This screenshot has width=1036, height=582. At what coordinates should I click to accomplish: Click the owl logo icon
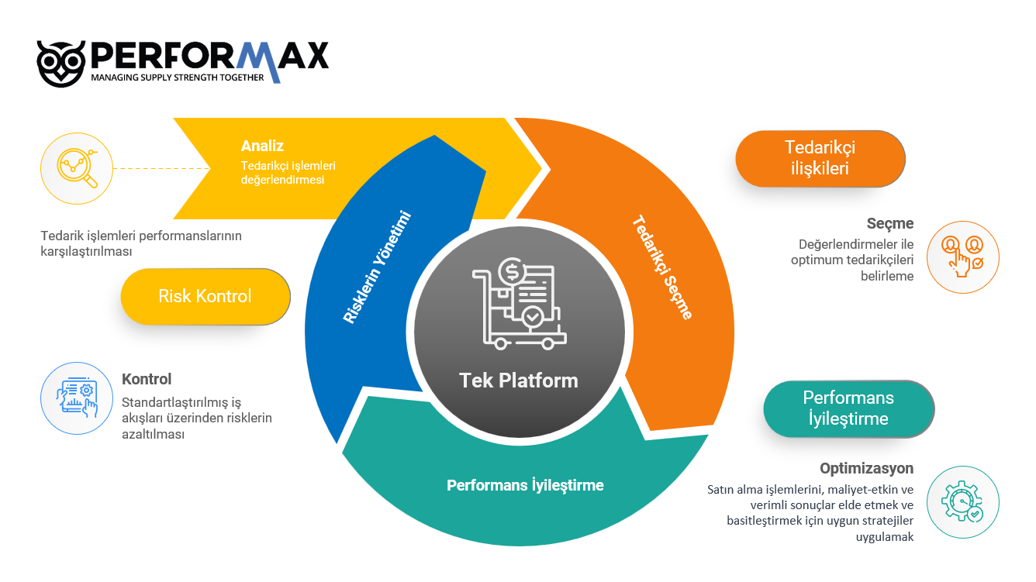tap(61, 64)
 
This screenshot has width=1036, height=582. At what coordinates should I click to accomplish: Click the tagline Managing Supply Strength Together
tap(177, 77)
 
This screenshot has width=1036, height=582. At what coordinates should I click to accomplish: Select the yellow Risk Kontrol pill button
tap(205, 296)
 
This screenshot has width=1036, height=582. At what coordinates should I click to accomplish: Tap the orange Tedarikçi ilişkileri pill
tap(820, 158)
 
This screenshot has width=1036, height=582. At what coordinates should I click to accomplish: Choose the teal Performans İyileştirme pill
tap(848, 408)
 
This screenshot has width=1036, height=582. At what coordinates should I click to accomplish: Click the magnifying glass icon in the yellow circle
tap(77, 168)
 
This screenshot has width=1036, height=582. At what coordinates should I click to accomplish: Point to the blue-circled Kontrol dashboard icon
tap(77, 398)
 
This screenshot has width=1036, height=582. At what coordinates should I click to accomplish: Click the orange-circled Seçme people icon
tap(963, 257)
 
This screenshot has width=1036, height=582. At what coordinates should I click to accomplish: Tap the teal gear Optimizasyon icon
tap(963, 502)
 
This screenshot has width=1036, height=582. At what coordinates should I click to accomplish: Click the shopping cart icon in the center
tap(519, 303)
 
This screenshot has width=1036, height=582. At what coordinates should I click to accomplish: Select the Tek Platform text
tap(519, 381)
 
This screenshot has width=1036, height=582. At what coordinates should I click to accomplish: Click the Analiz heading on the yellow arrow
tap(262, 146)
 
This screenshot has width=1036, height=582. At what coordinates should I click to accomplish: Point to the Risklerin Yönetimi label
tap(377, 267)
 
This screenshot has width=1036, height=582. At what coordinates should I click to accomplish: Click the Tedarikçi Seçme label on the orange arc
tap(662, 267)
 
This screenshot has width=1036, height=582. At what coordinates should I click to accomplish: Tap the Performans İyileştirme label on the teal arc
tap(525, 485)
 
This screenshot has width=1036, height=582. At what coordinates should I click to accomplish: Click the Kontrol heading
tap(147, 379)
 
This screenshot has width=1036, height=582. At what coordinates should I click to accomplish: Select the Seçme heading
tap(890, 224)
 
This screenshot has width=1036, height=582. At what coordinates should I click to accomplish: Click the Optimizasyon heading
tap(866, 468)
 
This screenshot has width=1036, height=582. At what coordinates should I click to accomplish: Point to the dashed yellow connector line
tap(161, 168)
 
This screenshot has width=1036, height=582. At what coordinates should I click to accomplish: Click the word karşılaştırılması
tap(87, 252)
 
